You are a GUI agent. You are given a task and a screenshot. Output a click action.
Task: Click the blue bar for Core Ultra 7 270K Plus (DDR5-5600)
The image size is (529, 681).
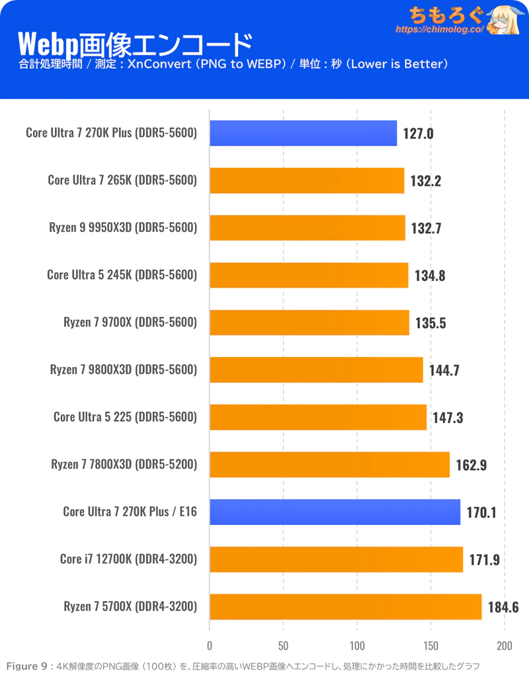coord(303,133)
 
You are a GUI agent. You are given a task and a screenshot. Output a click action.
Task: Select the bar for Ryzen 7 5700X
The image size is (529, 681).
coord(345,606)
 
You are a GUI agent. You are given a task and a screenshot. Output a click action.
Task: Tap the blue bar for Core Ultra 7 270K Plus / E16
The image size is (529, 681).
coord(335,512)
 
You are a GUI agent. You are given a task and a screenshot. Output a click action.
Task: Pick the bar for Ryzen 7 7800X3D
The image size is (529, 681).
coord(329,464)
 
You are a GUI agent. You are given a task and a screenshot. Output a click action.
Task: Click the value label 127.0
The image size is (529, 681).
coord(418,134)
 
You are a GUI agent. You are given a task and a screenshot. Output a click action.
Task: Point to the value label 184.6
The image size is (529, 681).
coord(503,607)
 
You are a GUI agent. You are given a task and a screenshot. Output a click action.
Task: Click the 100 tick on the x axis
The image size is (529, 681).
coord(357,645)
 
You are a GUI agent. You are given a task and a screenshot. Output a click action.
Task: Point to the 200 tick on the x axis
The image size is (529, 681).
coord(505,645)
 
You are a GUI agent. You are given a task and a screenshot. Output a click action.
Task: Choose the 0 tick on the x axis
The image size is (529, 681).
coord(210,645)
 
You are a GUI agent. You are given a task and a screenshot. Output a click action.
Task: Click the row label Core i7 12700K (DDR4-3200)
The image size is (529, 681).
coord(128,559)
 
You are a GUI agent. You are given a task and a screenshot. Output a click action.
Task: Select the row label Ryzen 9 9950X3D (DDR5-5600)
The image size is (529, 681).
coord(123,228)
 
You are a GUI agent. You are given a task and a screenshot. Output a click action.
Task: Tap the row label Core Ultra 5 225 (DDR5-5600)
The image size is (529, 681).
coord(125,417)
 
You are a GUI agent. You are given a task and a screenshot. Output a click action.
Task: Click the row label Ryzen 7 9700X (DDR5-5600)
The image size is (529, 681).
coord(130,323)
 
